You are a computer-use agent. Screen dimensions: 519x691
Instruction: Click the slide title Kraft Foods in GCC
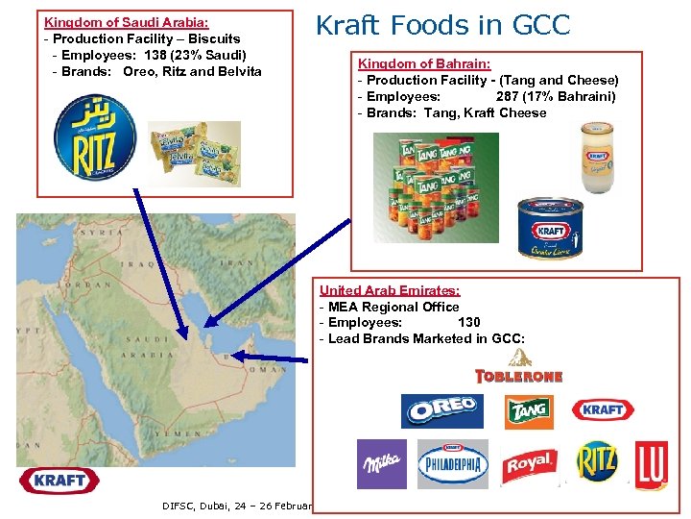(x=443, y=25)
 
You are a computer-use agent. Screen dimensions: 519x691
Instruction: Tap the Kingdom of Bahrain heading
(x=424, y=63)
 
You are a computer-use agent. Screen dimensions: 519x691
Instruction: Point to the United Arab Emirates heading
(x=389, y=290)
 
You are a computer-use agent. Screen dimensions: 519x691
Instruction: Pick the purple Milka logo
(x=381, y=464)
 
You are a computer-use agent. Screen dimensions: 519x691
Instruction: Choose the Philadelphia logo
(x=453, y=464)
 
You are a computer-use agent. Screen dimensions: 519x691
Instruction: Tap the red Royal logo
(x=530, y=464)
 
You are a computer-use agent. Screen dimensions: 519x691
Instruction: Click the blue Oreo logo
(x=442, y=411)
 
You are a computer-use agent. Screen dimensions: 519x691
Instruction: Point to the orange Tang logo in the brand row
(x=529, y=411)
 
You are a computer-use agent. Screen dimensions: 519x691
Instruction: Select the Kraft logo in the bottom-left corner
(x=60, y=480)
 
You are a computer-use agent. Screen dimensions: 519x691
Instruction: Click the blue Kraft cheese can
(x=551, y=229)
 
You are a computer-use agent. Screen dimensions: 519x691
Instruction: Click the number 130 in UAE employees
(x=469, y=323)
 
